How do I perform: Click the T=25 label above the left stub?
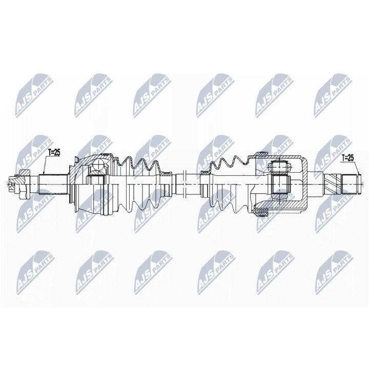click(54, 152)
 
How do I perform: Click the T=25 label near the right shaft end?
click(347, 157)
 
